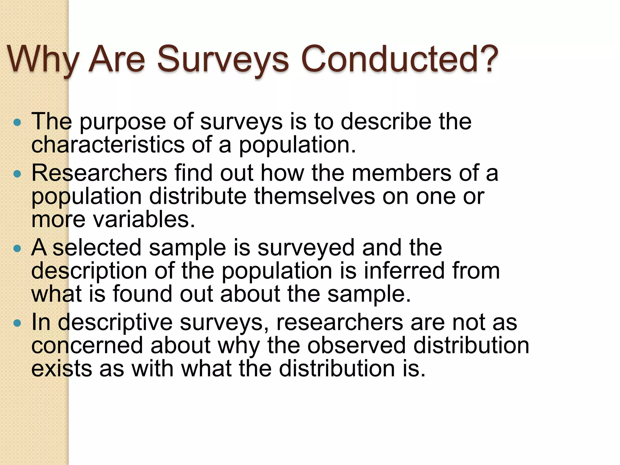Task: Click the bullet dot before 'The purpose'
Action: [18, 123]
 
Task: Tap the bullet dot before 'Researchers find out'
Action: [18, 174]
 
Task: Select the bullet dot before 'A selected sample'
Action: [18, 249]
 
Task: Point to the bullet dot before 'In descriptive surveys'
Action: [18, 323]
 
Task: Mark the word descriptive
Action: [115, 323]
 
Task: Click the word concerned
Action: [87, 346]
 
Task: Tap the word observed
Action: [357, 346]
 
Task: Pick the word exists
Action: [62, 369]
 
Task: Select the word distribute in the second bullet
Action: [198, 196]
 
